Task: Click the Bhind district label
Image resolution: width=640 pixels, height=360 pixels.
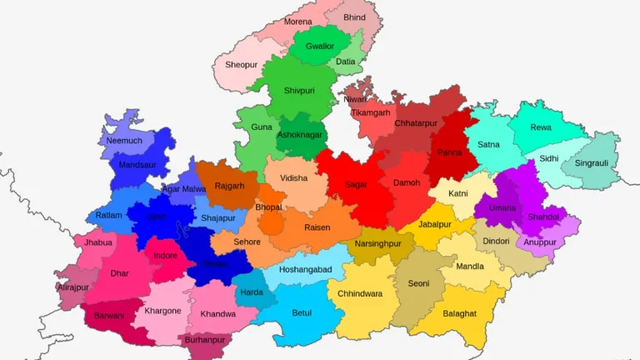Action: pyautogui.click(x=354, y=17)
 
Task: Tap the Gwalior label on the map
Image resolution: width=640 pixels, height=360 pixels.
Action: pyautogui.click(x=320, y=46)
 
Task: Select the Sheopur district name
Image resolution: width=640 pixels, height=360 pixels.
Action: pyautogui.click(x=242, y=65)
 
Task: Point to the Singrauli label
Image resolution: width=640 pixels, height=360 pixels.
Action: pyautogui.click(x=590, y=163)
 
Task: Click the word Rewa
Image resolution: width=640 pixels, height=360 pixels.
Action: pyautogui.click(x=541, y=127)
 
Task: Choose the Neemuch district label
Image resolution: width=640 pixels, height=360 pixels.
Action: pyautogui.click(x=124, y=141)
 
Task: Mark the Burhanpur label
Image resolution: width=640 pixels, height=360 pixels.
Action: pyautogui.click(x=205, y=340)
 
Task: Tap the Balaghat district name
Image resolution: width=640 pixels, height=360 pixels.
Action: pyautogui.click(x=460, y=313)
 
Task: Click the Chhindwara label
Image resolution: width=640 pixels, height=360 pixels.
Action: pyautogui.click(x=361, y=293)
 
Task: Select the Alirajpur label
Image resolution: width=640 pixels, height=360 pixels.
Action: pyautogui.click(x=72, y=287)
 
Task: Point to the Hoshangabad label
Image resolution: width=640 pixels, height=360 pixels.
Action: pyautogui.click(x=305, y=270)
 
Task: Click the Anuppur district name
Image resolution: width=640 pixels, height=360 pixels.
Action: pyautogui.click(x=540, y=243)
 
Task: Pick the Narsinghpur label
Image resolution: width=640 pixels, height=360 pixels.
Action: pyautogui.click(x=377, y=244)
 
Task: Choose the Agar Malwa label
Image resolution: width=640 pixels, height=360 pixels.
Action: pyautogui.click(x=183, y=189)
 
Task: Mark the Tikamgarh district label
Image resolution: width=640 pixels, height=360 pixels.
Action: pyautogui.click(x=370, y=112)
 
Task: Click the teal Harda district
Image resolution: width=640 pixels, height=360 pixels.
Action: pyautogui.click(x=252, y=292)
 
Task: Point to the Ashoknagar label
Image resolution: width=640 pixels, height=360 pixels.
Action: pyautogui.click(x=300, y=135)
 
